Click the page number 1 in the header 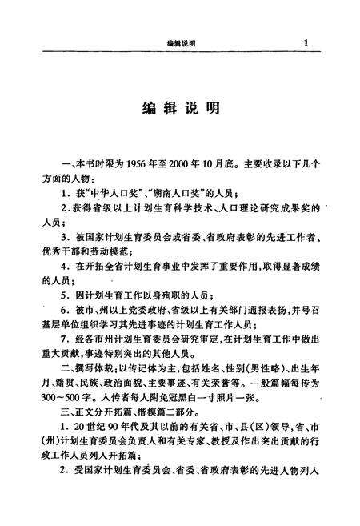[x=306, y=42]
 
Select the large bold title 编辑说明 [x=181, y=108]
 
